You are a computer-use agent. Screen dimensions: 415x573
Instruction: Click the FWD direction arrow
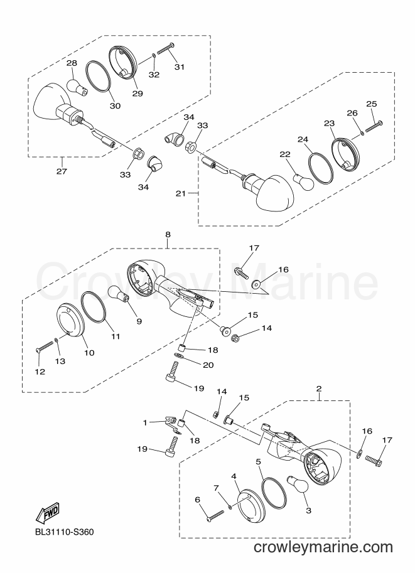coord(47,512)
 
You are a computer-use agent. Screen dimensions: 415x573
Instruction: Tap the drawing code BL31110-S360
coord(64,532)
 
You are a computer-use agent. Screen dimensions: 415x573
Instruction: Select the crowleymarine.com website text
coord(323,547)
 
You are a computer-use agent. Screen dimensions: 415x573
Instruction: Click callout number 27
coord(62,171)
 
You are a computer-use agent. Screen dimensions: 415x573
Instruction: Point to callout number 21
coord(181,193)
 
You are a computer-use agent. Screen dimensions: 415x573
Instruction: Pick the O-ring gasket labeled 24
coord(321,168)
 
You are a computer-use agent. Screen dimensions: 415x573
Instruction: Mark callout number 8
coord(168,234)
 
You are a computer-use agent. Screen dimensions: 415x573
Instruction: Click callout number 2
coord(319,388)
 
